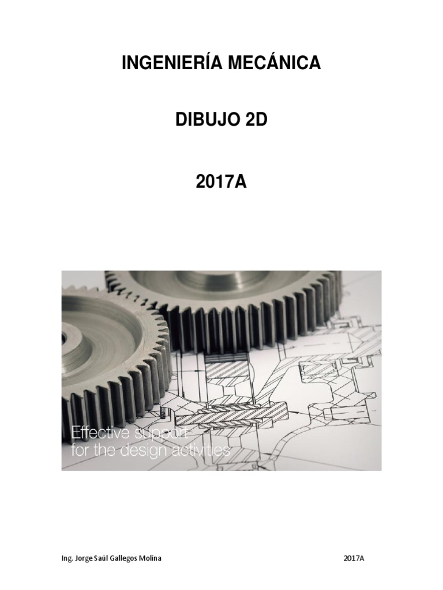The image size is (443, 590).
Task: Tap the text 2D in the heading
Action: [x=256, y=120]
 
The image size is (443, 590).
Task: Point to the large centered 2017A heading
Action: [x=221, y=182]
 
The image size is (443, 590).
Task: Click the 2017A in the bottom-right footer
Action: [x=354, y=558]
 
